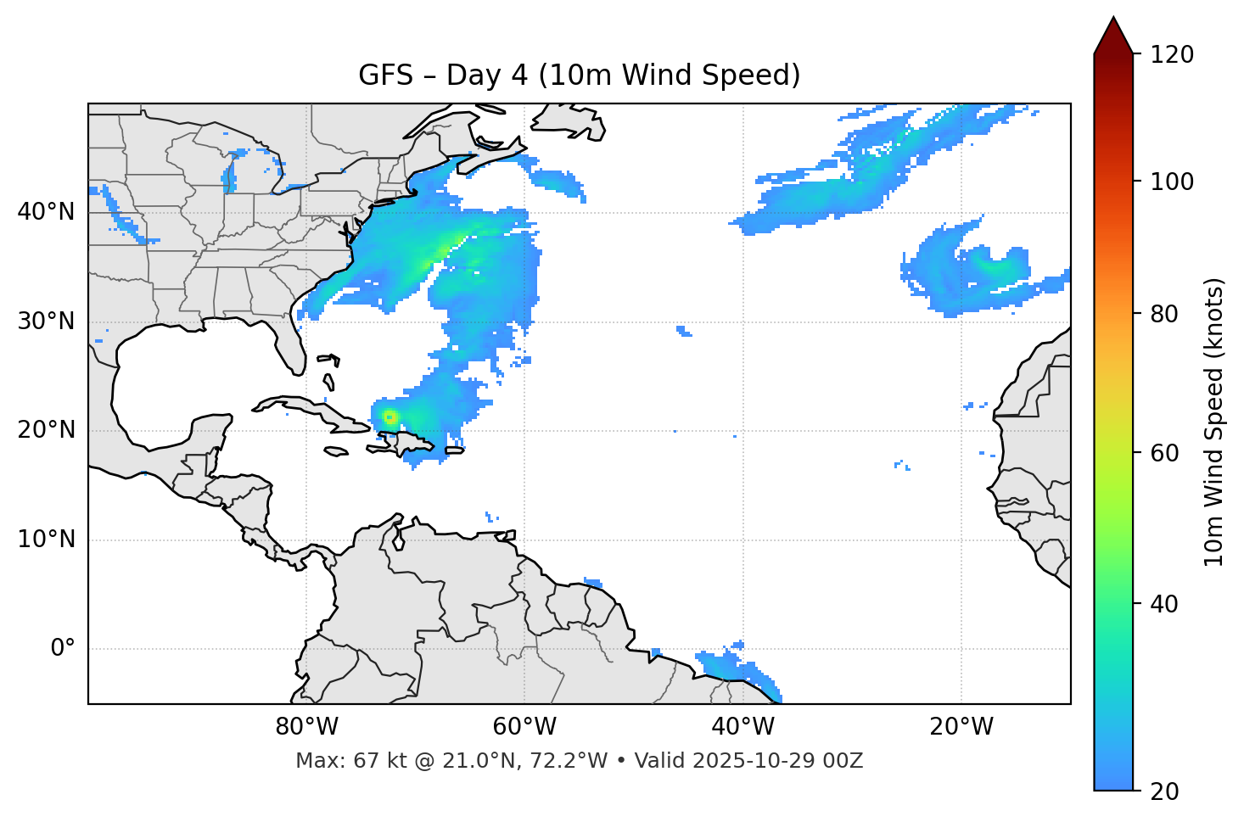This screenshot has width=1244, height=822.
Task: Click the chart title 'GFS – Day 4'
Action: click(579, 75)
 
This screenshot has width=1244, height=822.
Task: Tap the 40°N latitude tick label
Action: click(46, 211)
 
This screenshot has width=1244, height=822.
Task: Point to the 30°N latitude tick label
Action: click(46, 322)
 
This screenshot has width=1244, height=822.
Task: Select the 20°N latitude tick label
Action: click(46, 430)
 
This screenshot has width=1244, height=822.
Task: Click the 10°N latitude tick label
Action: click(46, 540)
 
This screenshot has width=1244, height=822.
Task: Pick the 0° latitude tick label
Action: click(62, 649)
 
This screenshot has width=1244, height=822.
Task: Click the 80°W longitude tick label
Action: click(306, 727)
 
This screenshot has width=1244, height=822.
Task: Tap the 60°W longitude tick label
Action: click(524, 727)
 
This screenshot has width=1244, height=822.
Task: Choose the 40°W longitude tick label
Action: click(743, 727)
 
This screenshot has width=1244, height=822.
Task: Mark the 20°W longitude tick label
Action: click(961, 727)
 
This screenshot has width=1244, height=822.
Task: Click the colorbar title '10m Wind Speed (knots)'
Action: click(1214, 422)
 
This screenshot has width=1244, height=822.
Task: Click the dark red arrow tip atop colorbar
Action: click(1113, 34)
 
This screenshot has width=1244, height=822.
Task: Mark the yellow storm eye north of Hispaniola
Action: click(389, 417)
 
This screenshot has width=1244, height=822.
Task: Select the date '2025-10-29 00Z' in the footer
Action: click(777, 761)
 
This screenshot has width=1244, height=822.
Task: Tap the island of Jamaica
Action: click(336, 451)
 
